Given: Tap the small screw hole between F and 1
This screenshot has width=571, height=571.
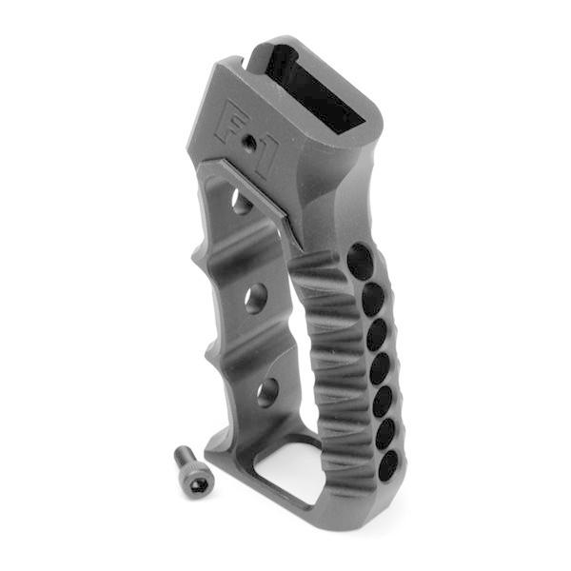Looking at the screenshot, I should pos(248,142).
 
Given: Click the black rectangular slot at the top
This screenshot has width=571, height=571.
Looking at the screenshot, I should pos(314,90).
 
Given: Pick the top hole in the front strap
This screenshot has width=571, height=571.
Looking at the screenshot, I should pos(241,202).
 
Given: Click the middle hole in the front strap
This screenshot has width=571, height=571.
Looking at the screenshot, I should pos(255,301).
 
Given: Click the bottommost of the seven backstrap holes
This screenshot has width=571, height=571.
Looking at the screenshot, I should pos(388,465).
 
